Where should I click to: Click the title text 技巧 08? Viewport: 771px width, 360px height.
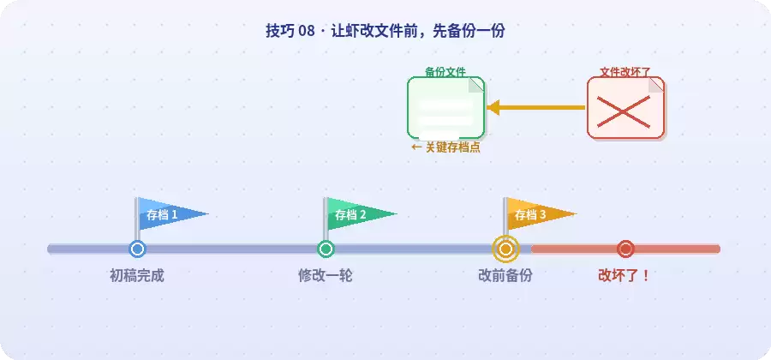coord(290,31)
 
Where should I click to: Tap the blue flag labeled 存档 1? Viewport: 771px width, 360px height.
coord(167,214)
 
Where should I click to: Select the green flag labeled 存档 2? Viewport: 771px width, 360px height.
coord(356,214)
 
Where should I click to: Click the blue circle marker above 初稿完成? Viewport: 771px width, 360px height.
coord(137,249)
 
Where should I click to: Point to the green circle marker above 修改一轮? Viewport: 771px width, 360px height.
coord(326,249)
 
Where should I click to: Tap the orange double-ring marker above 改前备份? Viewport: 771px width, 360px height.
coord(505,249)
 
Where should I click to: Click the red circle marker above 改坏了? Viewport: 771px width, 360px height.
coord(625,249)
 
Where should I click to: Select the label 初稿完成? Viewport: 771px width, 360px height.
coord(137,275)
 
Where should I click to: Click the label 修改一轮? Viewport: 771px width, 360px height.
coord(325,275)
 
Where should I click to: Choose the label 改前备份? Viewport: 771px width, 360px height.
coord(505,275)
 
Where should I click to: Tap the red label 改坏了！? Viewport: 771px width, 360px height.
coord(625,275)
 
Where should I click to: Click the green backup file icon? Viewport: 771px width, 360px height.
coord(446,108)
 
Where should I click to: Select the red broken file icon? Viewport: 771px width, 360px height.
coord(625,108)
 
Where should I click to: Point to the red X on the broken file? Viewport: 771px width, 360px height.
coord(624,111)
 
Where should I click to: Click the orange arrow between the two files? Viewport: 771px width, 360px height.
coord(536,107)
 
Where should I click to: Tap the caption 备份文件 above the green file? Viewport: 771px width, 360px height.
coord(445,72)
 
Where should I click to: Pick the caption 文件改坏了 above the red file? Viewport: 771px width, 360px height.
coord(625,72)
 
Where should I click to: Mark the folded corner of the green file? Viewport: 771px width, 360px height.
coord(476,85)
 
